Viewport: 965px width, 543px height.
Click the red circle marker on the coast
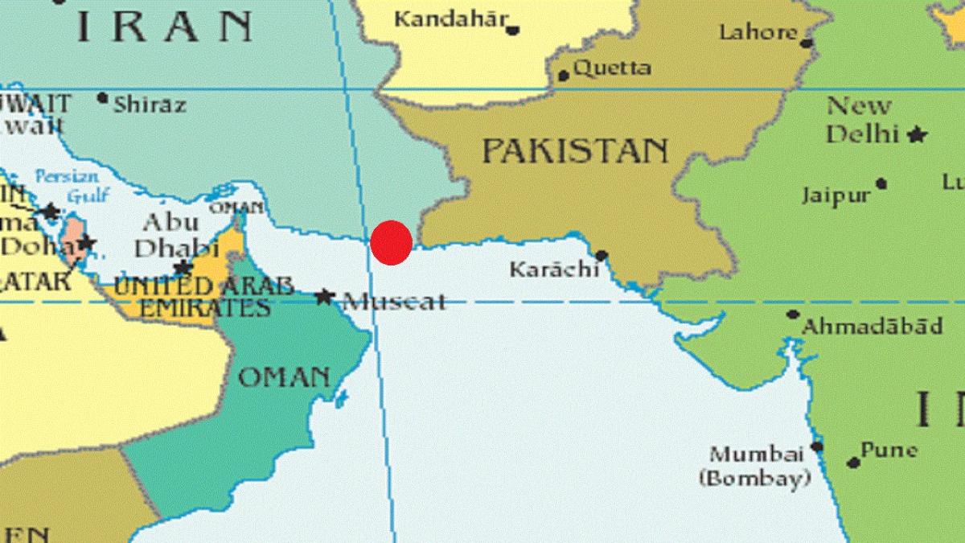(392, 241)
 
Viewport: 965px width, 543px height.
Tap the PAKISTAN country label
(575, 150)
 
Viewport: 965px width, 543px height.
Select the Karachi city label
(554, 269)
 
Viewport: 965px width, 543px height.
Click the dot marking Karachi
(601, 256)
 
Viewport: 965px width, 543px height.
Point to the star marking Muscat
(324, 297)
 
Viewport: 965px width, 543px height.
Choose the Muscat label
(394, 302)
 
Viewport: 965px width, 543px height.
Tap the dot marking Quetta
(564, 76)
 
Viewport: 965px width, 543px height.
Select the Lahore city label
(758, 32)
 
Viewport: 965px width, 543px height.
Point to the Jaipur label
(836, 195)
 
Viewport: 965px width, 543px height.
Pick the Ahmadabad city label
(873, 327)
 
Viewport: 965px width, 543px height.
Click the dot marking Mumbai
(817, 446)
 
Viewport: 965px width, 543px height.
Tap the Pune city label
(889, 450)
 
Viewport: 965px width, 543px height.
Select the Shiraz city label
(150, 104)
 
